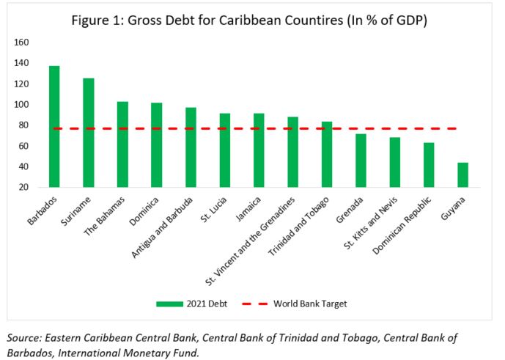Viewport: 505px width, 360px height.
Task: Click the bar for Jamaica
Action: [259, 150]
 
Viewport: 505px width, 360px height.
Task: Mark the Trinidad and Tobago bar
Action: [327, 154]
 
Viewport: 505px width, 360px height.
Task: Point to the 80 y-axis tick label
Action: [23, 125]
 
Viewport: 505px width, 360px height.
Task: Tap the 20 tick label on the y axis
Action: [23, 188]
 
